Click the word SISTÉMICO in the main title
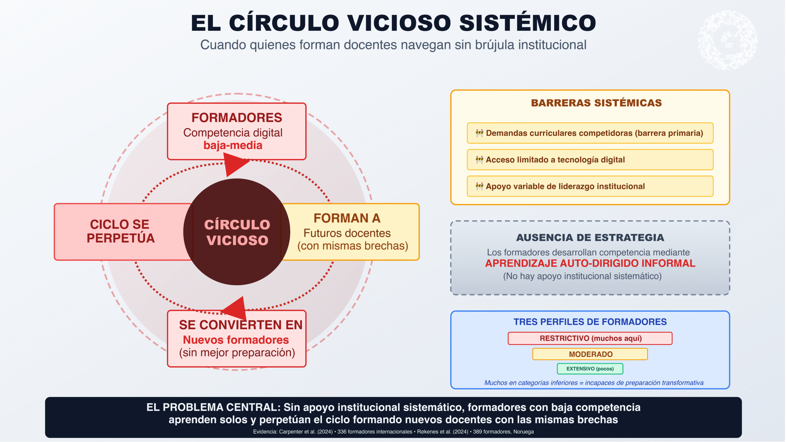pos(528,23)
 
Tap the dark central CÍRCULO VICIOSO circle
pos(237,232)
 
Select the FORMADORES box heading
pos(237,118)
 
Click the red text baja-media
pos(233,145)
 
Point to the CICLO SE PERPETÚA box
pos(121,231)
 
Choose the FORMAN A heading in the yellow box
pos(347,218)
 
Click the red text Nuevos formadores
pos(236,340)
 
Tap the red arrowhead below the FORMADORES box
pos(234,164)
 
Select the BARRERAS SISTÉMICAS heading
pos(596,103)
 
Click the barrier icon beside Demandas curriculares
pos(479,133)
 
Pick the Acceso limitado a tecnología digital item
pos(555,160)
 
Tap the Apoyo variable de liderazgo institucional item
pos(565,186)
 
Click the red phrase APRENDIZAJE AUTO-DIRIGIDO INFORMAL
pos(590,263)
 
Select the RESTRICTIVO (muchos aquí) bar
pos(590,338)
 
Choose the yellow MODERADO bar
pos(590,354)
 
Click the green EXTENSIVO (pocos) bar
pos(590,369)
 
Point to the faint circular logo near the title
pos(727,40)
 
